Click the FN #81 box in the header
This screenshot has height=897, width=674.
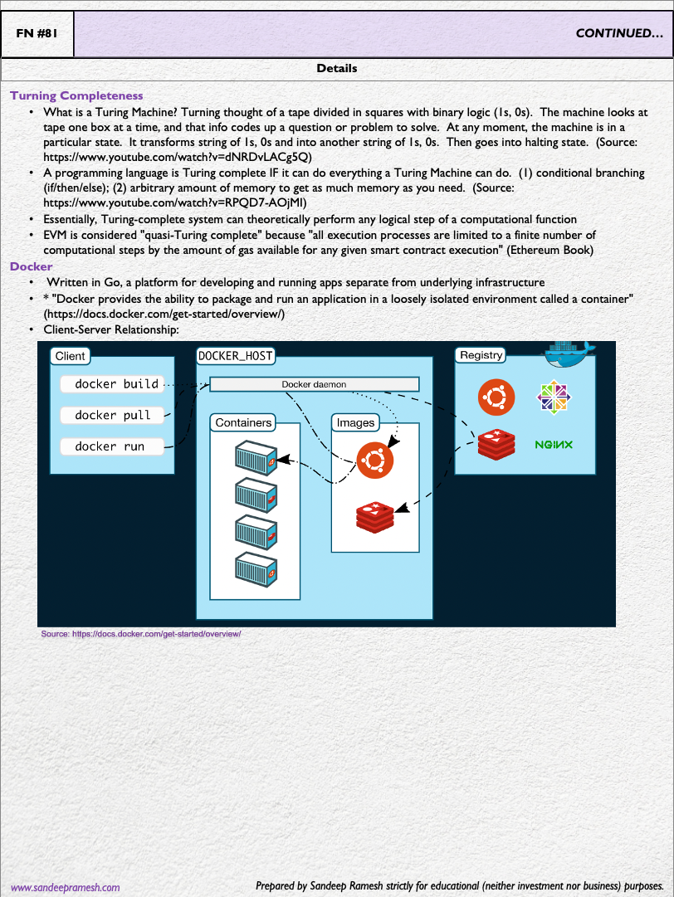[x=37, y=34]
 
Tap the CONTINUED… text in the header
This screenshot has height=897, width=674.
[x=619, y=34]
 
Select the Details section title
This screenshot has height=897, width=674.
[x=337, y=68]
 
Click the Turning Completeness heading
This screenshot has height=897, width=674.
[x=76, y=96]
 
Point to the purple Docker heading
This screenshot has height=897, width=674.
[x=32, y=266]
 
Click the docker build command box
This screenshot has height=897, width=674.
[x=111, y=384]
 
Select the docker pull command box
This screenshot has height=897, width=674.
[x=111, y=415]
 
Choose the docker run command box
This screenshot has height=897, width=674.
[x=111, y=446]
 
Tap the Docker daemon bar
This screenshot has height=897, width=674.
[x=314, y=384]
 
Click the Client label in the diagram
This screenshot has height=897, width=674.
[x=70, y=356]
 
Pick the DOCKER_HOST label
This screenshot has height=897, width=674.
[x=235, y=356]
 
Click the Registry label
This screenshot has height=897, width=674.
[x=481, y=355]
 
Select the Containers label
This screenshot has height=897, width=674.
[x=243, y=422]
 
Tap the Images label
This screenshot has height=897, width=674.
[x=355, y=422]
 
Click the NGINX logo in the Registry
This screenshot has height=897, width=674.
[x=554, y=445]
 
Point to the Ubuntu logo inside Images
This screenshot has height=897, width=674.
[x=374, y=458]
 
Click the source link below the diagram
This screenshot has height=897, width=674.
[x=141, y=633]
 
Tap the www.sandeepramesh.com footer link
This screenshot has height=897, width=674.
[x=65, y=887]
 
